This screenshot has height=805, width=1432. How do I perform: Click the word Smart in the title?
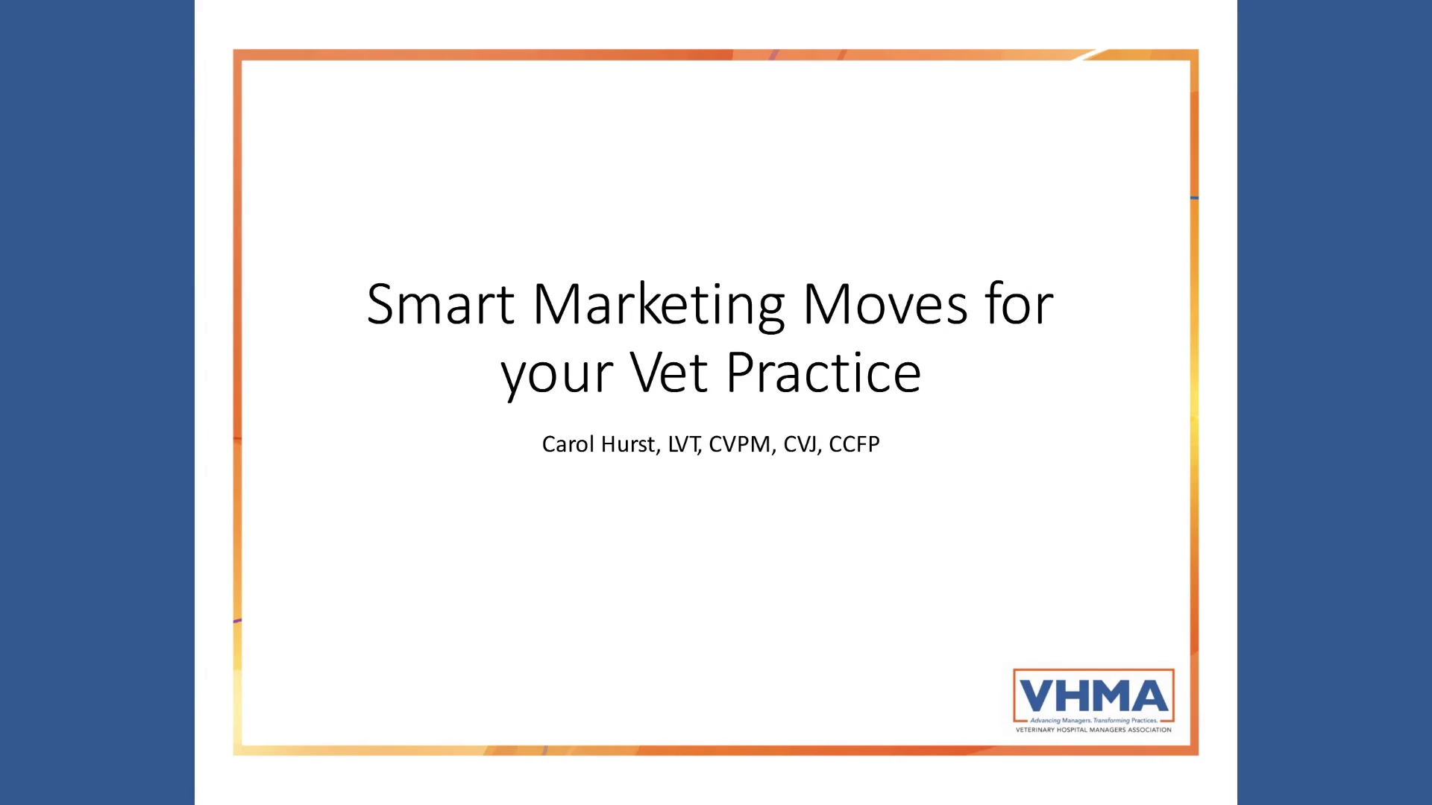[440, 304]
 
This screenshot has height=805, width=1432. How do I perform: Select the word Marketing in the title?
[659, 306]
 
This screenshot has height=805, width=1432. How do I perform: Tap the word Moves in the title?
[885, 304]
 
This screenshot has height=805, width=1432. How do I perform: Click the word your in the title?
[556, 376]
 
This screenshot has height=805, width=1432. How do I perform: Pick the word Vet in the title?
[669, 372]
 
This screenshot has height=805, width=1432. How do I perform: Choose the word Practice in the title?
[823, 372]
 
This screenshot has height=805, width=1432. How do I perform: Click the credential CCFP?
[854, 444]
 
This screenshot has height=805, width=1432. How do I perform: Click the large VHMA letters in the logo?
[1093, 696]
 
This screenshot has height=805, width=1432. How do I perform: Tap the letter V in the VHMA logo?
[1037, 696]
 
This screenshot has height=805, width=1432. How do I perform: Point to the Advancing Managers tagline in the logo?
[1093, 721]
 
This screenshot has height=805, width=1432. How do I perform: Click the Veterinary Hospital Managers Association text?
[1093, 730]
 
